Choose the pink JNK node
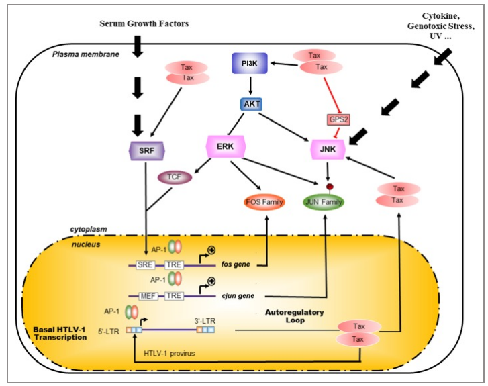(x=328, y=148)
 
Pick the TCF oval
(x=175, y=178)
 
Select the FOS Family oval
(x=265, y=202)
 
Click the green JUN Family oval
(x=324, y=201)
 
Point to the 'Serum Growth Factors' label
(x=144, y=24)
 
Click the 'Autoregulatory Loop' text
(x=294, y=317)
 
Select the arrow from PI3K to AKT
(x=250, y=84)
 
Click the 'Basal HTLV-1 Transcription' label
(x=60, y=333)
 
